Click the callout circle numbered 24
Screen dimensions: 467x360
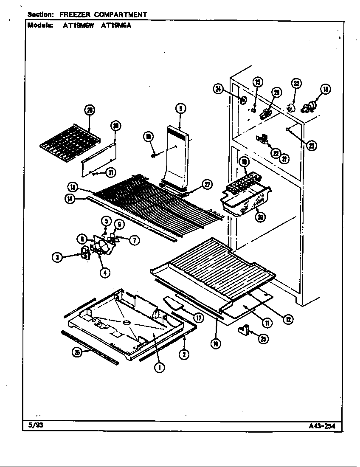pos(218,89)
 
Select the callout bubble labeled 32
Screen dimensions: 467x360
pos(297,83)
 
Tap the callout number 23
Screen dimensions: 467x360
pos(311,146)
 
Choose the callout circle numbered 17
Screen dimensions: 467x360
pos(198,317)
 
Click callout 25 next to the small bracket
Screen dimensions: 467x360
pos(264,338)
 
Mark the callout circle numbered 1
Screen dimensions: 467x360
pos(160,368)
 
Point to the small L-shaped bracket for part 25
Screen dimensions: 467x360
pos(245,329)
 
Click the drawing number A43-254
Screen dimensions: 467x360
pos(326,426)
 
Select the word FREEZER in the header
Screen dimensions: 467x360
pos(76,14)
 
